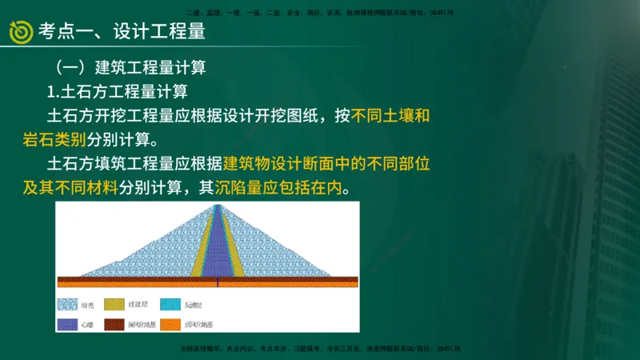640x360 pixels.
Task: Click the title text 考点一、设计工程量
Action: pyautogui.click(x=121, y=31)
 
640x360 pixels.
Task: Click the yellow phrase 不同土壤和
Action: pyautogui.click(x=391, y=115)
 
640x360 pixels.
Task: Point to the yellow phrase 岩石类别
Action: pyautogui.click(x=54, y=140)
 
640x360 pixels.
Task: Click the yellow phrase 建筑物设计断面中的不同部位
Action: pyautogui.click(x=327, y=164)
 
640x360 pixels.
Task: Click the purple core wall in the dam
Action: pyautogui.click(x=218, y=248)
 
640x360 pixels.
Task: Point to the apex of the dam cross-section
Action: pyautogui.click(x=218, y=206)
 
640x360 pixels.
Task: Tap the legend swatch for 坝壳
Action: pyautogui.click(x=66, y=305)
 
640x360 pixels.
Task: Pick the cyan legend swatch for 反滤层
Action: pyautogui.click(x=170, y=305)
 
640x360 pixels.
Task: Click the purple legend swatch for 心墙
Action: pyautogui.click(x=66, y=325)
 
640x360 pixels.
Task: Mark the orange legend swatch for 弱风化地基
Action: pyautogui.click(x=170, y=325)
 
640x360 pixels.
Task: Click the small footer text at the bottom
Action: pyautogui.click(x=319, y=349)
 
